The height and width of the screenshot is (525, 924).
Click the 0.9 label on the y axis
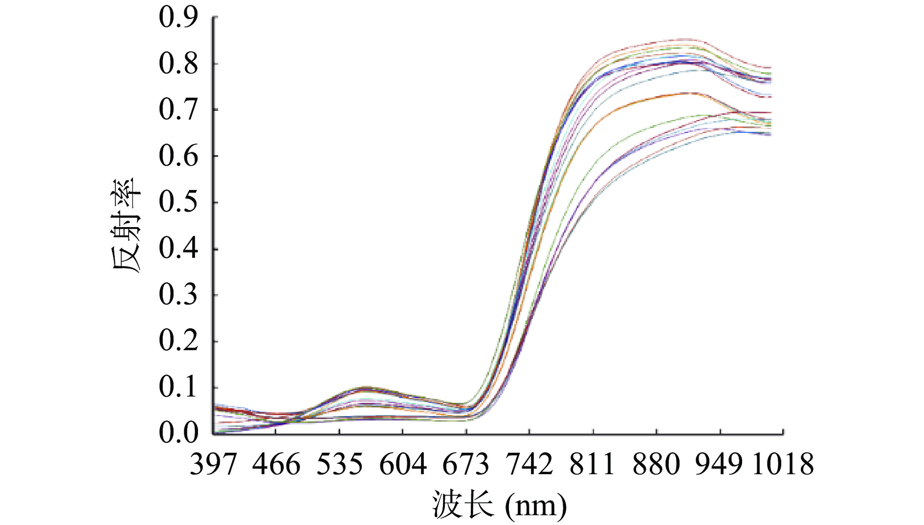point(178,18)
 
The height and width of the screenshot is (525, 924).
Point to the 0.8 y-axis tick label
point(178,64)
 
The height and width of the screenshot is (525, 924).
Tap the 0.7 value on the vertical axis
point(178,110)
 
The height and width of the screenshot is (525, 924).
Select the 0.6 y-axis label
point(178,156)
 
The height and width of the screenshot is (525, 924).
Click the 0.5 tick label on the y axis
point(178,202)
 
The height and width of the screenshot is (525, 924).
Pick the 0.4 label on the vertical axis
point(178,249)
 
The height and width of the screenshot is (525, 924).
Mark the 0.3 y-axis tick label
point(178,295)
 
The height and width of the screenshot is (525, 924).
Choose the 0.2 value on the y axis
point(178,341)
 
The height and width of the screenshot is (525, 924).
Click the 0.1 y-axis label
point(178,387)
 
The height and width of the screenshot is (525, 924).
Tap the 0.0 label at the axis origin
point(178,433)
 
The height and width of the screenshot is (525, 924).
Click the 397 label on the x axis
point(213,464)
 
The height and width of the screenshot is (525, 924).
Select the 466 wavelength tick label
point(276,464)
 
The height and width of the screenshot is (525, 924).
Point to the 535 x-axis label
point(339,464)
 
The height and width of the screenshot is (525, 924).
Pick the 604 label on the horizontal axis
point(403,464)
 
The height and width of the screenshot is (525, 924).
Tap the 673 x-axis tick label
point(466,464)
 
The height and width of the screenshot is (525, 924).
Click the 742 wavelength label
point(529,464)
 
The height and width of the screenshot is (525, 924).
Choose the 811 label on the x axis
point(593,464)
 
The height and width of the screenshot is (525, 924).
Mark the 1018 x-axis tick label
point(783,464)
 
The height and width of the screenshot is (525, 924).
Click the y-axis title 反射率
point(126,226)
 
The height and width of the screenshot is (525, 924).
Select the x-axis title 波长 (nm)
point(499,505)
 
